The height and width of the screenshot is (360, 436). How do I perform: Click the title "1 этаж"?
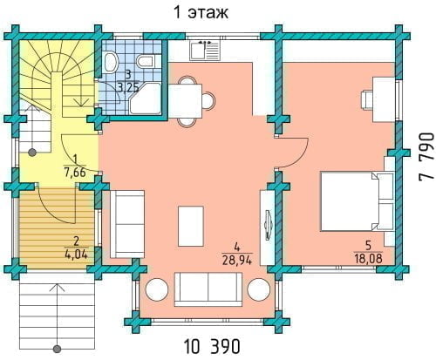coord(201,12)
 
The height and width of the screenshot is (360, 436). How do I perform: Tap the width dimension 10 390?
coord(212,346)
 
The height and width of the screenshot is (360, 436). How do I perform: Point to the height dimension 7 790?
coord(426,157)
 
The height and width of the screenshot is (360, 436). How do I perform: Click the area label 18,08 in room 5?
coord(368,258)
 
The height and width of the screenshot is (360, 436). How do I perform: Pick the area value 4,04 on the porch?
coord(76,255)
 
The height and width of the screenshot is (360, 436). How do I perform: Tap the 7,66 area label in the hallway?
coord(75,173)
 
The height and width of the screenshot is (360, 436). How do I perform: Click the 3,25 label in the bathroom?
coord(128,87)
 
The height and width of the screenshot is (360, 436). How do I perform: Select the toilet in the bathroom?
coord(145,61)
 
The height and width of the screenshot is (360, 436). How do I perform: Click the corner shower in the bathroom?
coord(146,98)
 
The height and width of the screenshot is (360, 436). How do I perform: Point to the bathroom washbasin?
coord(111,62)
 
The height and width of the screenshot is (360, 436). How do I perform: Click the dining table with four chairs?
coord(191,101)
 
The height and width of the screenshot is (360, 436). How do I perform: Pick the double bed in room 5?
coord(357,201)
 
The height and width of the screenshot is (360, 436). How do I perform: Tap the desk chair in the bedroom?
coord(367,99)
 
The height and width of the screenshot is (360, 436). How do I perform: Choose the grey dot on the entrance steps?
coord(58,349)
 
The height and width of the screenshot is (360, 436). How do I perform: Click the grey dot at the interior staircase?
coord(32,153)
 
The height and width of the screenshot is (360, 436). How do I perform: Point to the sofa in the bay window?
coord(208,289)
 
